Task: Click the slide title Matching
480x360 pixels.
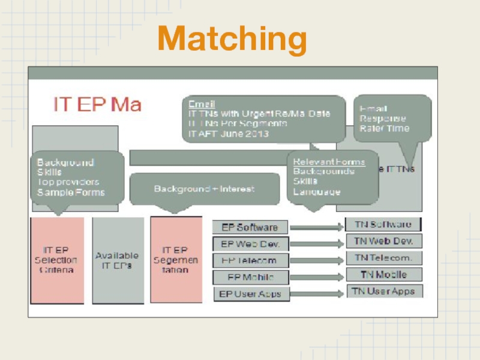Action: point(232,39)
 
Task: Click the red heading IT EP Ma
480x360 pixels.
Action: point(97,104)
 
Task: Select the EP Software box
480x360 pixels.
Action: point(250,227)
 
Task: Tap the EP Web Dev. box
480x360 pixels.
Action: point(250,244)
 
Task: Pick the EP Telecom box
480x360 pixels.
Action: point(250,260)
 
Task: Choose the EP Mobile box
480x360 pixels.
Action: point(250,277)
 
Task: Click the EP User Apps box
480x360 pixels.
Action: point(250,294)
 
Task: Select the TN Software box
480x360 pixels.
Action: point(383,224)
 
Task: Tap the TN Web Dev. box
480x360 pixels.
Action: point(383,241)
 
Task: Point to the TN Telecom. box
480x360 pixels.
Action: point(383,258)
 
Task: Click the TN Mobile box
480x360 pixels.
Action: point(383,274)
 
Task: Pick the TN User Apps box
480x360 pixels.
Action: point(384,291)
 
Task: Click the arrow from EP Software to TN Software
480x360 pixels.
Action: point(316,227)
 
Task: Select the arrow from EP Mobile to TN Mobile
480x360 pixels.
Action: point(316,277)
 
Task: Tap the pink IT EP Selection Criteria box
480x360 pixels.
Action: point(57,260)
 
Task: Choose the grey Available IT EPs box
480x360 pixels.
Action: point(118,260)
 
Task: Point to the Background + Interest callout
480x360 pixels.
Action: point(205,189)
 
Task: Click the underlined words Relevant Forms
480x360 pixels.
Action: point(329,162)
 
